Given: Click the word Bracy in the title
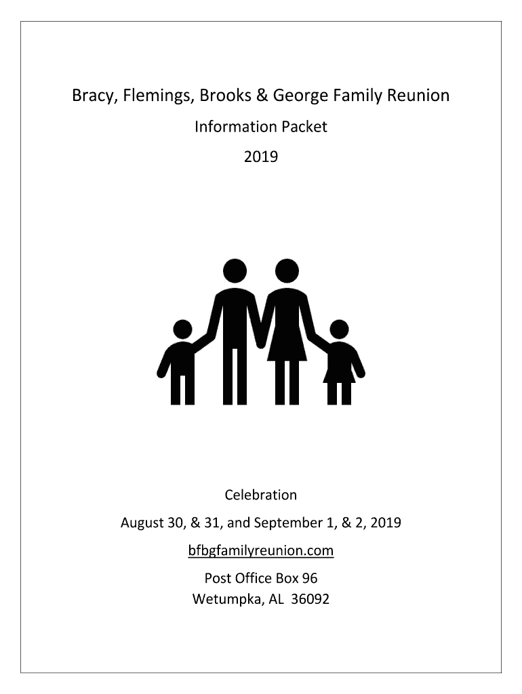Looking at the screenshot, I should point(94,96).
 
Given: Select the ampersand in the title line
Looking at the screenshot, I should point(260,96).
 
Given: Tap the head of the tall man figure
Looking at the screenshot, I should point(235,271).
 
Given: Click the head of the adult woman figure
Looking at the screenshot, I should point(287,271).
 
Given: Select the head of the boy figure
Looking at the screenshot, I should point(182,330).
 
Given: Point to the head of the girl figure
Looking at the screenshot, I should point(339,330).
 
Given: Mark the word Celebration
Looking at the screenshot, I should point(261,495).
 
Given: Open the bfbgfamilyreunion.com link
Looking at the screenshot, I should point(261,551).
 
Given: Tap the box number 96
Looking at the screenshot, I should point(310,579).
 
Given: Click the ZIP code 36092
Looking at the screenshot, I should point(310,600).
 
